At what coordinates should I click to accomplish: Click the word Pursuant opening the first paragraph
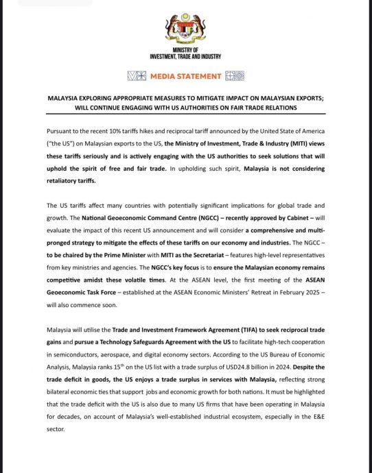coord(60,130)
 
